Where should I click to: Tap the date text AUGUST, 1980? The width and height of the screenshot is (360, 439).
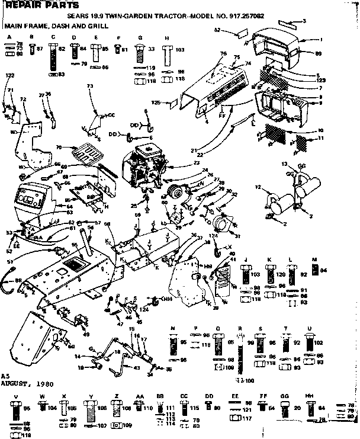tap(27, 384)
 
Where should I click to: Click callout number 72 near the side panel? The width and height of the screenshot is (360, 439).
tap(23, 98)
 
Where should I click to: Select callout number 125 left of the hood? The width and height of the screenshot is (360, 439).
tap(156, 102)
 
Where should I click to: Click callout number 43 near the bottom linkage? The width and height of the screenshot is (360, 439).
tap(137, 368)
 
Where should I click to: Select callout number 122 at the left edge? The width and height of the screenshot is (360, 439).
tap(9, 76)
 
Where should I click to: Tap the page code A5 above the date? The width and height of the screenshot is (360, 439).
tap(5, 376)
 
